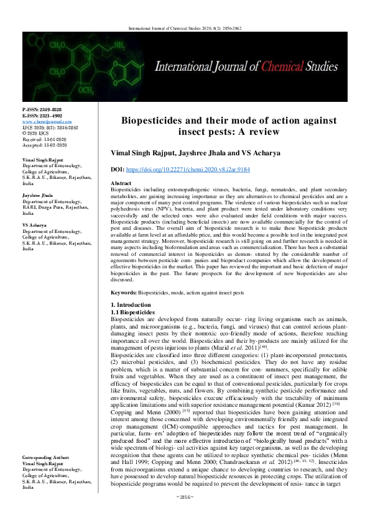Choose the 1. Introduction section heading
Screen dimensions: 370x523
(131, 305)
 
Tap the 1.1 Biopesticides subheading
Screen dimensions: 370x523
(132, 311)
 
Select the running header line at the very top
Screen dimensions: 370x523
(185, 27)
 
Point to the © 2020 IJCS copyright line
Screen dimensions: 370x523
(35, 133)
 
